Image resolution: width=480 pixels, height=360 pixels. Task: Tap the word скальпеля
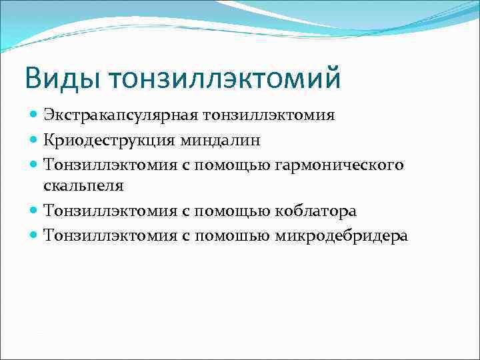coord(83,187)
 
